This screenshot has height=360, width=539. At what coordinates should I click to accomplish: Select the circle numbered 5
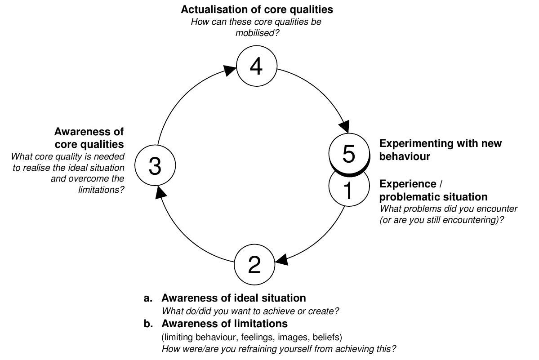tap(349, 153)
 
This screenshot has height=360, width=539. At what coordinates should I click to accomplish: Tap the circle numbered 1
tap(349, 190)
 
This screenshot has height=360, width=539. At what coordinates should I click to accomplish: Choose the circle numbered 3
tap(155, 166)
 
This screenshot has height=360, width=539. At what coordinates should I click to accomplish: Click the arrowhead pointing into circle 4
tap(230, 70)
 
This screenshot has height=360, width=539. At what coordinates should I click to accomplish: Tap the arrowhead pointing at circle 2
tap(281, 260)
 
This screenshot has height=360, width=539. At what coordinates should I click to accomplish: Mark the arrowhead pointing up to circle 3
tap(161, 193)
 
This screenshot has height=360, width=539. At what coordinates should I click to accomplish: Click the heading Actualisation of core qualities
tap(257, 9)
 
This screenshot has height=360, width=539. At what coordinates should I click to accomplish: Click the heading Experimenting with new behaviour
tap(440, 150)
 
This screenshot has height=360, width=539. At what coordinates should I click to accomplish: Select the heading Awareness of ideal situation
tap(233, 298)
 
